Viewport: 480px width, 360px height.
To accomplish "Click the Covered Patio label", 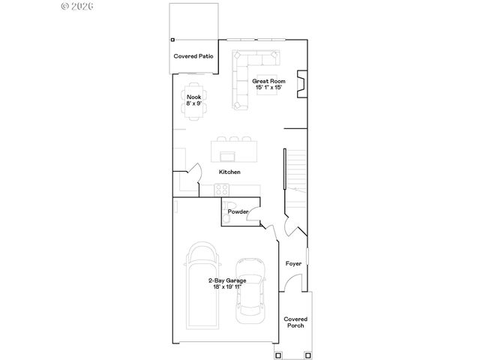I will (194, 56).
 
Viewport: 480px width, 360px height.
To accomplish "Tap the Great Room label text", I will (268, 80).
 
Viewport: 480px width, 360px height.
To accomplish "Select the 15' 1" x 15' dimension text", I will (268, 87).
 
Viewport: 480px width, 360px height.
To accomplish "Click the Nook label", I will (193, 97).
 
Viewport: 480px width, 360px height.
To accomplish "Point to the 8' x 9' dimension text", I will (193, 103).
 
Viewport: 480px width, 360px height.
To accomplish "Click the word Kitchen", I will (229, 172).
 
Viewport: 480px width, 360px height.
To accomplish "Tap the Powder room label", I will (238, 211).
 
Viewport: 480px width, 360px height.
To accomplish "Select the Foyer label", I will (293, 263).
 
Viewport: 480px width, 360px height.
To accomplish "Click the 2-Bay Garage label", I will (226, 280).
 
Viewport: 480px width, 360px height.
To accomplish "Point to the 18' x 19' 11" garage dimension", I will (226, 286).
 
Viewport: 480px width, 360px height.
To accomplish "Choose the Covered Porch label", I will (295, 322).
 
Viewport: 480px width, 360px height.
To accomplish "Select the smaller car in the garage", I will (251, 291).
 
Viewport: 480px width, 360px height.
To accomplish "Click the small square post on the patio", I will (172, 39).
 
